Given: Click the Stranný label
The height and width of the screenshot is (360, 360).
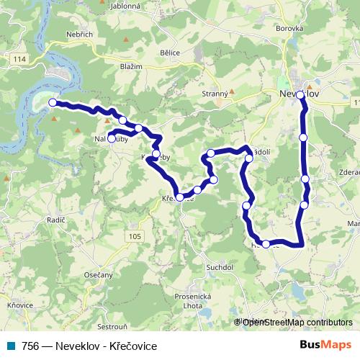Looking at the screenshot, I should pos(215,94).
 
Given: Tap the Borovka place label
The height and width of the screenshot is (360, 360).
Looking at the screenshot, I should pos(289,29).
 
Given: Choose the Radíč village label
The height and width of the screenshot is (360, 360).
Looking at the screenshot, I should pos(55,219).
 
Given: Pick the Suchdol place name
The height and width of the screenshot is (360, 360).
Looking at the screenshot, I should pos(220,267).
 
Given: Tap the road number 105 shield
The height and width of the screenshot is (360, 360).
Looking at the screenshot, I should pos(135,236).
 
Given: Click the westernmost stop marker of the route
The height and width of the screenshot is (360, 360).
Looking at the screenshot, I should pos(53,103).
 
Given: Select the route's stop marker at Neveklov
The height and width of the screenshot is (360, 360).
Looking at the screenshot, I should pos(300,94).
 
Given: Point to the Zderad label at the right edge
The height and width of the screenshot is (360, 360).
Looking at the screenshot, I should pos(348,173).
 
